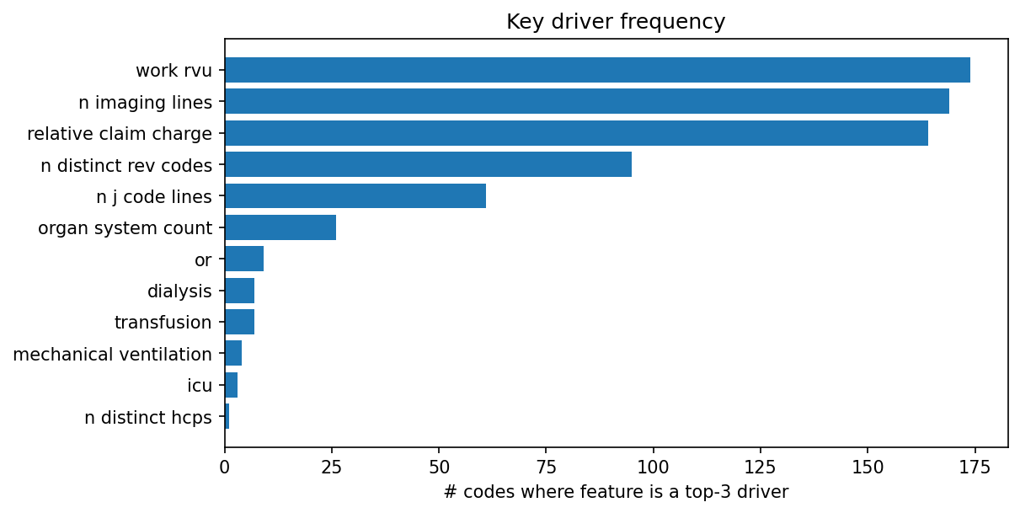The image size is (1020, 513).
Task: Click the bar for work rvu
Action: [x=597, y=70]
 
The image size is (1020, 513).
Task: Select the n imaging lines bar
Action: [x=587, y=101]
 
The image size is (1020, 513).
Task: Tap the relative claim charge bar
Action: [x=576, y=133]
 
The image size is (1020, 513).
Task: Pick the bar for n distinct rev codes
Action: [x=428, y=164]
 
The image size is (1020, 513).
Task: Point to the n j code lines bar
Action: [x=355, y=196]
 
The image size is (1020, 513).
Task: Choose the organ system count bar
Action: [x=280, y=227]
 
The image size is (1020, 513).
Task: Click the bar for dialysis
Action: [x=239, y=291]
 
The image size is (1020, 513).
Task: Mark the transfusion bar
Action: [x=239, y=323]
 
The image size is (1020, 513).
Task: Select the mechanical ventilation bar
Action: [x=233, y=354]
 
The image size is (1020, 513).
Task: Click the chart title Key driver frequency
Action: [x=616, y=22]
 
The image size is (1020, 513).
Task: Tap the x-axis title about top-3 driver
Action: [x=616, y=492]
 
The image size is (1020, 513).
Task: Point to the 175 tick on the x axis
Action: [x=975, y=465]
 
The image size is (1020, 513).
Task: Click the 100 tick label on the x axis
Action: [x=653, y=465]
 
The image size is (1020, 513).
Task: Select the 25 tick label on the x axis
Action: [x=332, y=465]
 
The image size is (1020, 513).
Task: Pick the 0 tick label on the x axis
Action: [x=225, y=465]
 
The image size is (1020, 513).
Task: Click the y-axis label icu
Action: [x=200, y=386]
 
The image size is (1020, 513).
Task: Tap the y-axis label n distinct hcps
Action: [x=148, y=418]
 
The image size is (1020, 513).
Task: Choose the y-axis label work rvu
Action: [x=174, y=71]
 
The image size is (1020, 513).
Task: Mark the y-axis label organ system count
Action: [x=125, y=228]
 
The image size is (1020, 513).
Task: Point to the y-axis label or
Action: [x=203, y=260]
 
